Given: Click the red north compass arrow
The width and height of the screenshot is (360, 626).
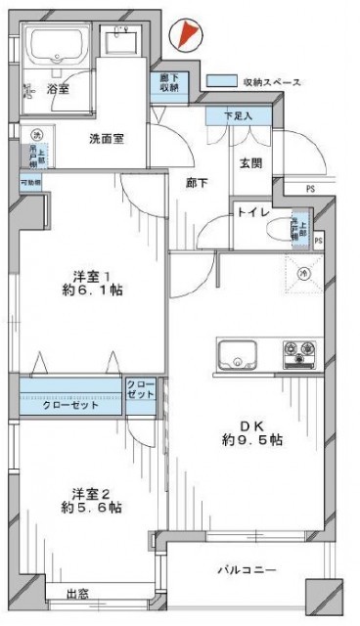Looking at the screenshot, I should pyautogui.click(x=185, y=35).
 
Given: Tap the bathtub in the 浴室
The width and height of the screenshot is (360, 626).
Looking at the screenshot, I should pyautogui.click(x=58, y=46).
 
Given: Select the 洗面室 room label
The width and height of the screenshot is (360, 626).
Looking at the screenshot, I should pyautogui.click(x=107, y=139).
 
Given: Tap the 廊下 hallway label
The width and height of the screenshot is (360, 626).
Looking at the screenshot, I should pyautogui.click(x=195, y=182).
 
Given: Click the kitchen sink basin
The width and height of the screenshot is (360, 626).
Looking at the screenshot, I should pyautogui.click(x=236, y=354).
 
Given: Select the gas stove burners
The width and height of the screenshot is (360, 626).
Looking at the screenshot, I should pyautogui.click(x=299, y=351).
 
